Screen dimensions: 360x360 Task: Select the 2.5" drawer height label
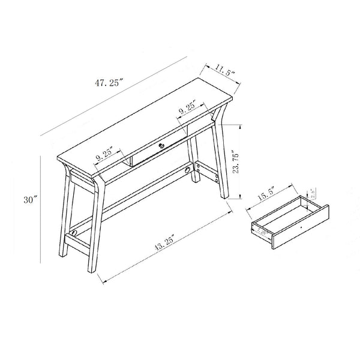(x=312, y=193)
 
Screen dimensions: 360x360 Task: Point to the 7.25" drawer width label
(x=262, y=229)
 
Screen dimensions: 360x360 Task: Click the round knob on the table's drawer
(x=161, y=146)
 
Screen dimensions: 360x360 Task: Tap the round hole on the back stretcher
(x=194, y=170)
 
